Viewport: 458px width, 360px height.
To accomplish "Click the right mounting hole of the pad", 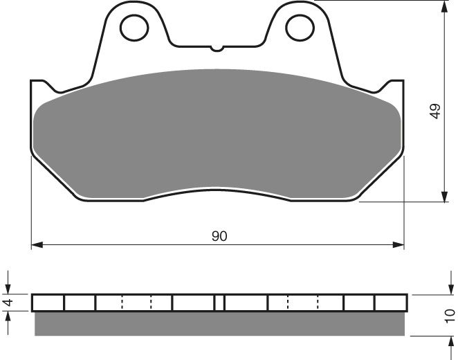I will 298,28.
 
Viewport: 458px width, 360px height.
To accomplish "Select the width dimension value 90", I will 219,236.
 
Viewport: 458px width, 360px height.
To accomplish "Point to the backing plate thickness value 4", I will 9,303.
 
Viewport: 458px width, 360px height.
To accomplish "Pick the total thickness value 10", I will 450,316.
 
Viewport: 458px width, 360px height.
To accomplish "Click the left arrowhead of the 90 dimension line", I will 36,244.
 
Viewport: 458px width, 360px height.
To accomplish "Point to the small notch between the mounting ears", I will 218,48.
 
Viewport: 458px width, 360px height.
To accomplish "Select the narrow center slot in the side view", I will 219,303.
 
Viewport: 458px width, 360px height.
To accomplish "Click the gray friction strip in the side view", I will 219,323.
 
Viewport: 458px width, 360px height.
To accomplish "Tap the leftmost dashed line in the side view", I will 122,303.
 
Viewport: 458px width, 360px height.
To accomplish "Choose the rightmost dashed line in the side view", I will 318,303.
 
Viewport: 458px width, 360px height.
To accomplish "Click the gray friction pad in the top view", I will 218,132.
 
